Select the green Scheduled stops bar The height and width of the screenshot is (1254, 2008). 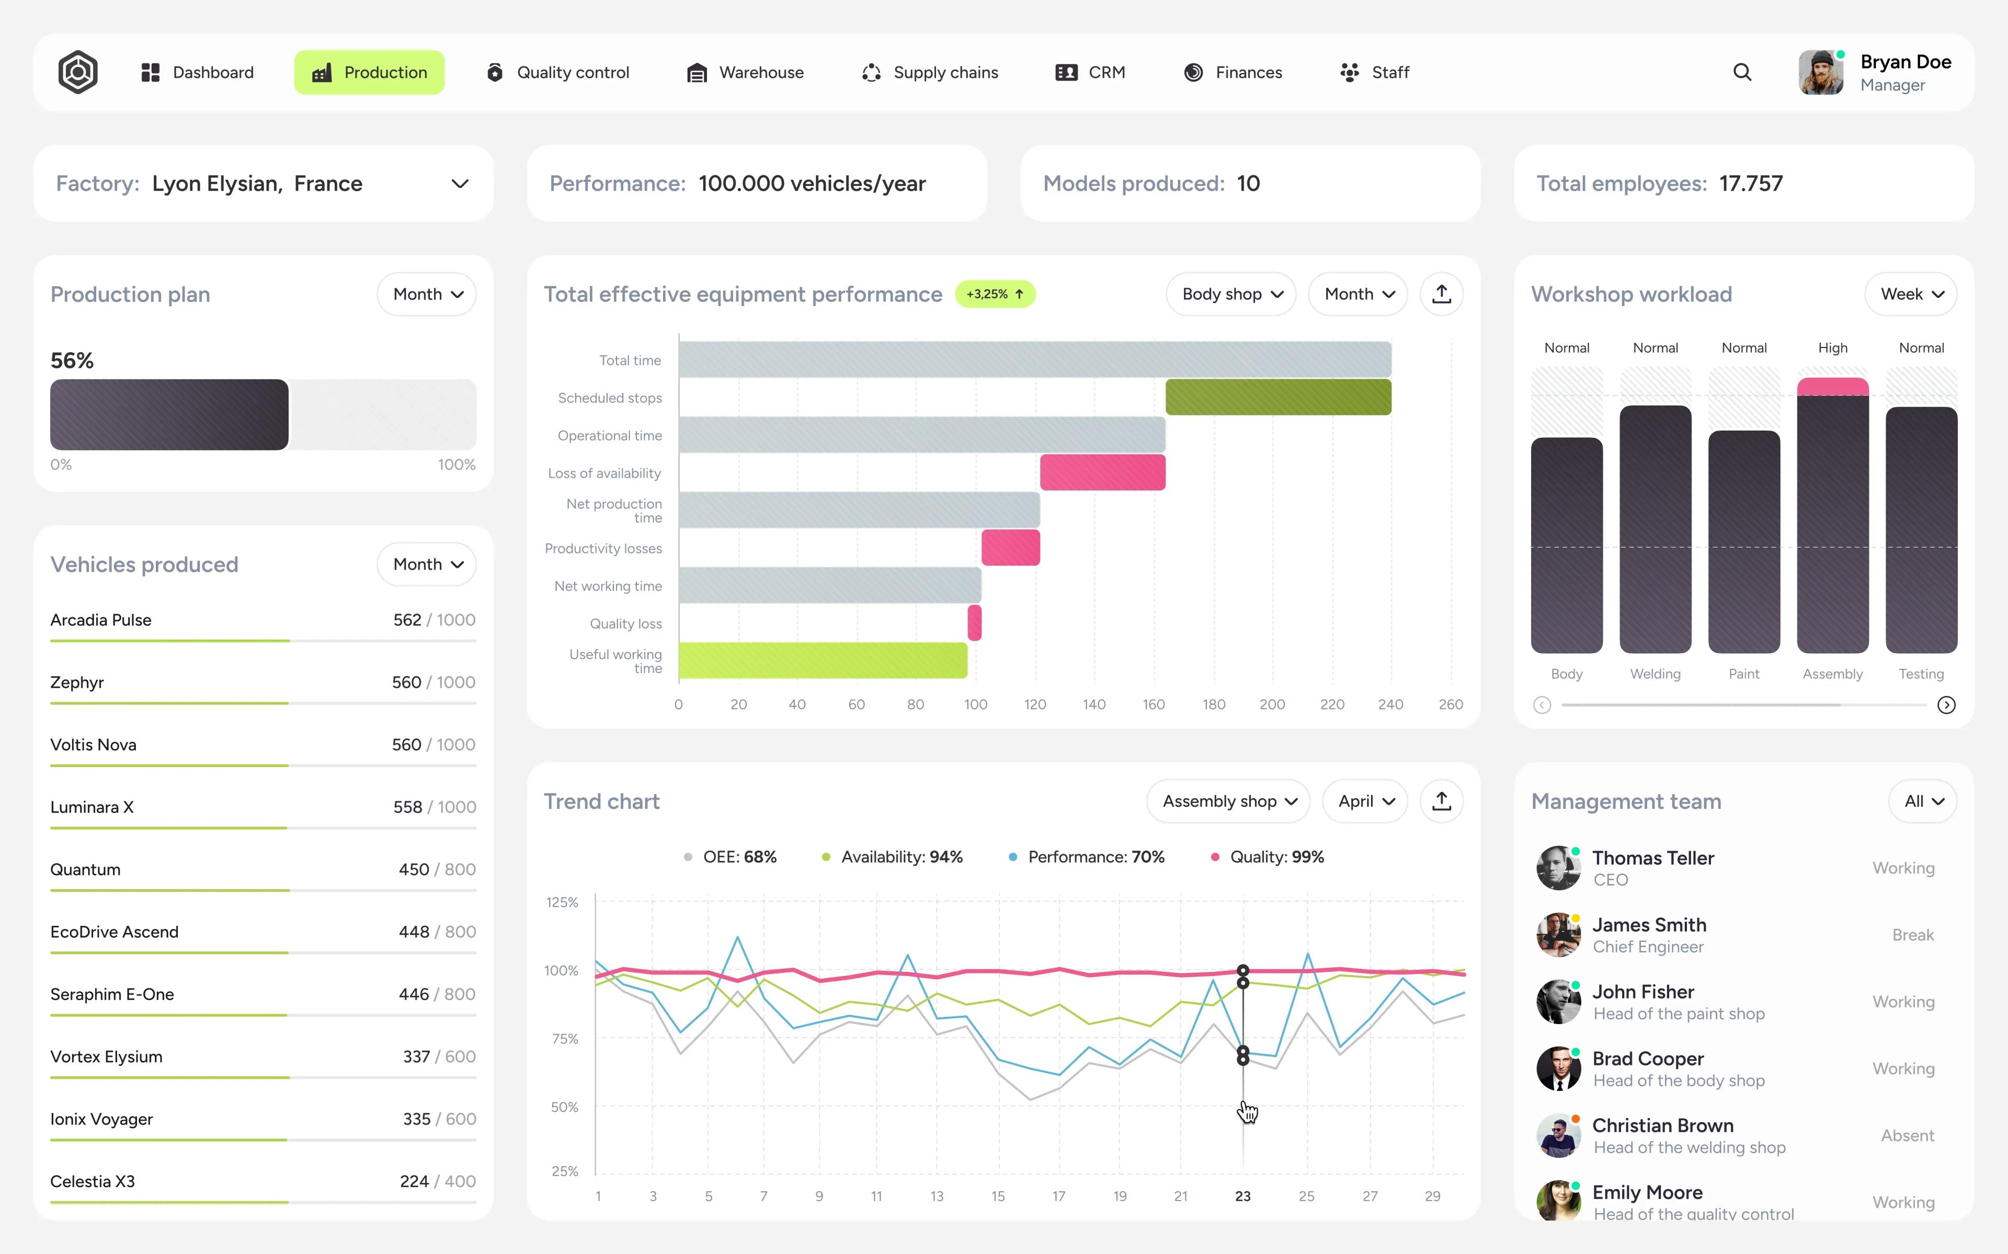click(x=1278, y=397)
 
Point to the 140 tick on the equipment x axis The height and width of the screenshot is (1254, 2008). click(x=1093, y=704)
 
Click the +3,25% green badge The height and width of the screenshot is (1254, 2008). click(x=995, y=294)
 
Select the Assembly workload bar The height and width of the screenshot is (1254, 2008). click(x=1832, y=522)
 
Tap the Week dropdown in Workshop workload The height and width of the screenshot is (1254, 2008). click(x=1911, y=294)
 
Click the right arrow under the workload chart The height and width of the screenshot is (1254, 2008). click(x=1946, y=705)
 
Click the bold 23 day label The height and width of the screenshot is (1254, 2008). click(x=1242, y=1196)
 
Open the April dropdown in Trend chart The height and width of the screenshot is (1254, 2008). click(x=1365, y=801)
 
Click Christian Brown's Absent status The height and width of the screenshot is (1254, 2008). click(x=1907, y=1135)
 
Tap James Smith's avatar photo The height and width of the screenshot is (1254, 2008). click(x=1557, y=935)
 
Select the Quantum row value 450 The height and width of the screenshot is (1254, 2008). click(x=413, y=869)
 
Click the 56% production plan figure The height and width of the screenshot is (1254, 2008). click(x=72, y=361)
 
